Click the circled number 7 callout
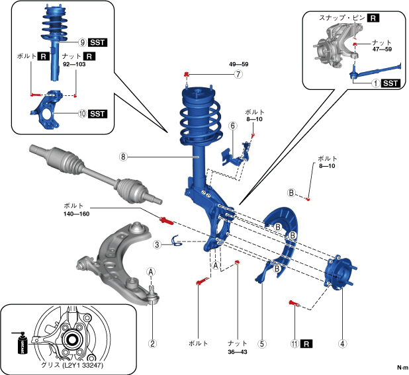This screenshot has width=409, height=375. click(x=238, y=74)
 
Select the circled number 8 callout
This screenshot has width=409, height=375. click(x=123, y=157)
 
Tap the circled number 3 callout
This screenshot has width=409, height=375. click(x=157, y=245)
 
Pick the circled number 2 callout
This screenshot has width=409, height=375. click(x=152, y=343)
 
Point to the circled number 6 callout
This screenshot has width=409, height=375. click(x=233, y=126)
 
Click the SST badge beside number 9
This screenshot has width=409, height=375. click(x=97, y=42)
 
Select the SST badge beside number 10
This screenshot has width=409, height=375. click(x=97, y=114)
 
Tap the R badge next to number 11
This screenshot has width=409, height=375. click(x=306, y=344)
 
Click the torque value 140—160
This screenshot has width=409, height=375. click(x=76, y=214)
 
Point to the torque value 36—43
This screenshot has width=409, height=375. click(x=238, y=352)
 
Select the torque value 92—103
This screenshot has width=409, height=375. click(x=74, y=64)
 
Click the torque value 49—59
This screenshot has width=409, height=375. click(x=239, y=64)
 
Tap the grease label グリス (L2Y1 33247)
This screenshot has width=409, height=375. click(x=72, y=365)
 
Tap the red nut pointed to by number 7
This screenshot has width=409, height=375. click(x=187, y=74)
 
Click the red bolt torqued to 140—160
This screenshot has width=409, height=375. click(x=166, y=221)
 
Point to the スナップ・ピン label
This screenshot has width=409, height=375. click(x=342, y=18)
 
